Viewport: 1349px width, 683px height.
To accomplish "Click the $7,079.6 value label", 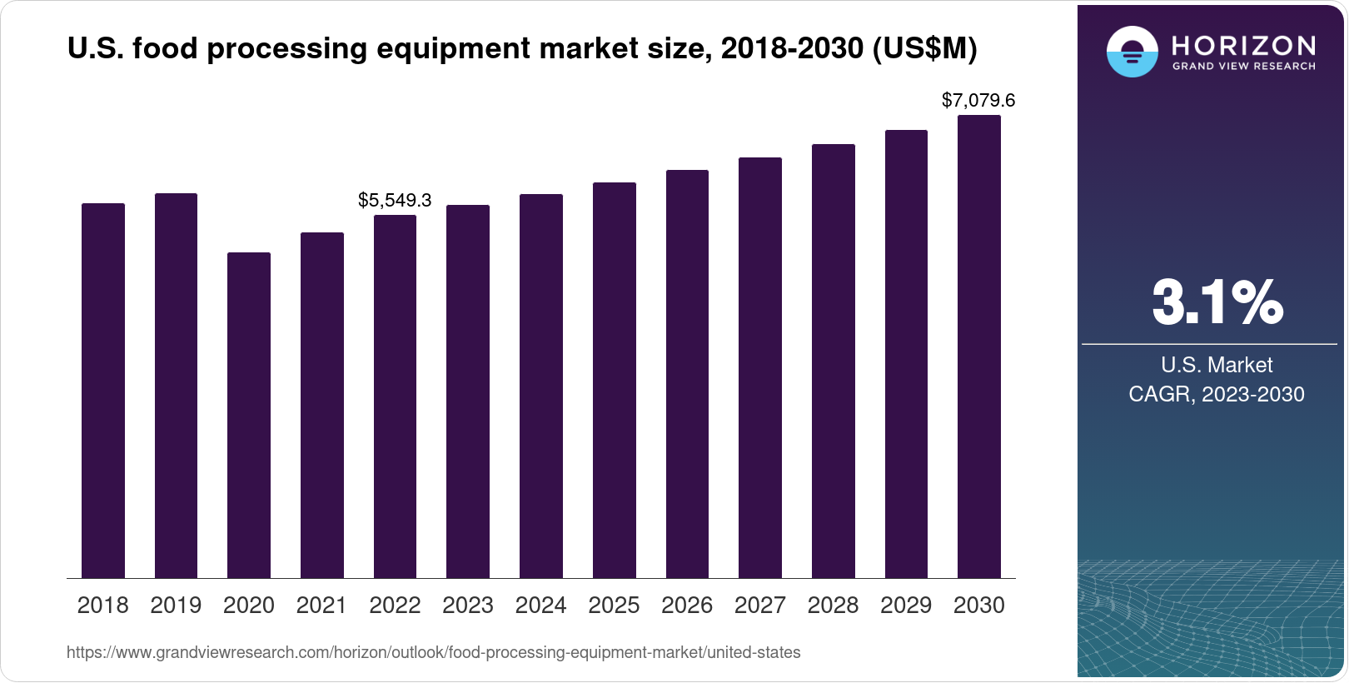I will click(978, 101).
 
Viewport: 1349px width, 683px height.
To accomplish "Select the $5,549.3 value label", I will click(395, 200).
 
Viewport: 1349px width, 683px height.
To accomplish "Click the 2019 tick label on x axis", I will click(176, 606).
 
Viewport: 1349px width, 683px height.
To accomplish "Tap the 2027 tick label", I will click(759, 606).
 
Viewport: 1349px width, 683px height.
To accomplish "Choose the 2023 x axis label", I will click(468, 606).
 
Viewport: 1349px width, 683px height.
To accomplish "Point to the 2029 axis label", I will click(906, 606).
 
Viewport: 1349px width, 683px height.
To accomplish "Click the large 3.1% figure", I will click(1217, 302).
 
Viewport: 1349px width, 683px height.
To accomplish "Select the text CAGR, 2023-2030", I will click(1216, 394).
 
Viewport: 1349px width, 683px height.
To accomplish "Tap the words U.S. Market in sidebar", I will click(1217, 365).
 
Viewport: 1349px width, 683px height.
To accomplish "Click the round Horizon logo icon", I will click(1132, 52).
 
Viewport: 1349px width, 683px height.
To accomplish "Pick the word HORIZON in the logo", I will click(1243, 45).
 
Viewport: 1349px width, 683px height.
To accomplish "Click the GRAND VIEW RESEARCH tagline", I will click(1243, 67).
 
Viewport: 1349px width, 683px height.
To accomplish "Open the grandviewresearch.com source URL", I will click(433, 653).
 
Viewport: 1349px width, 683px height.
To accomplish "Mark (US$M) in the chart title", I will click(924, 48).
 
